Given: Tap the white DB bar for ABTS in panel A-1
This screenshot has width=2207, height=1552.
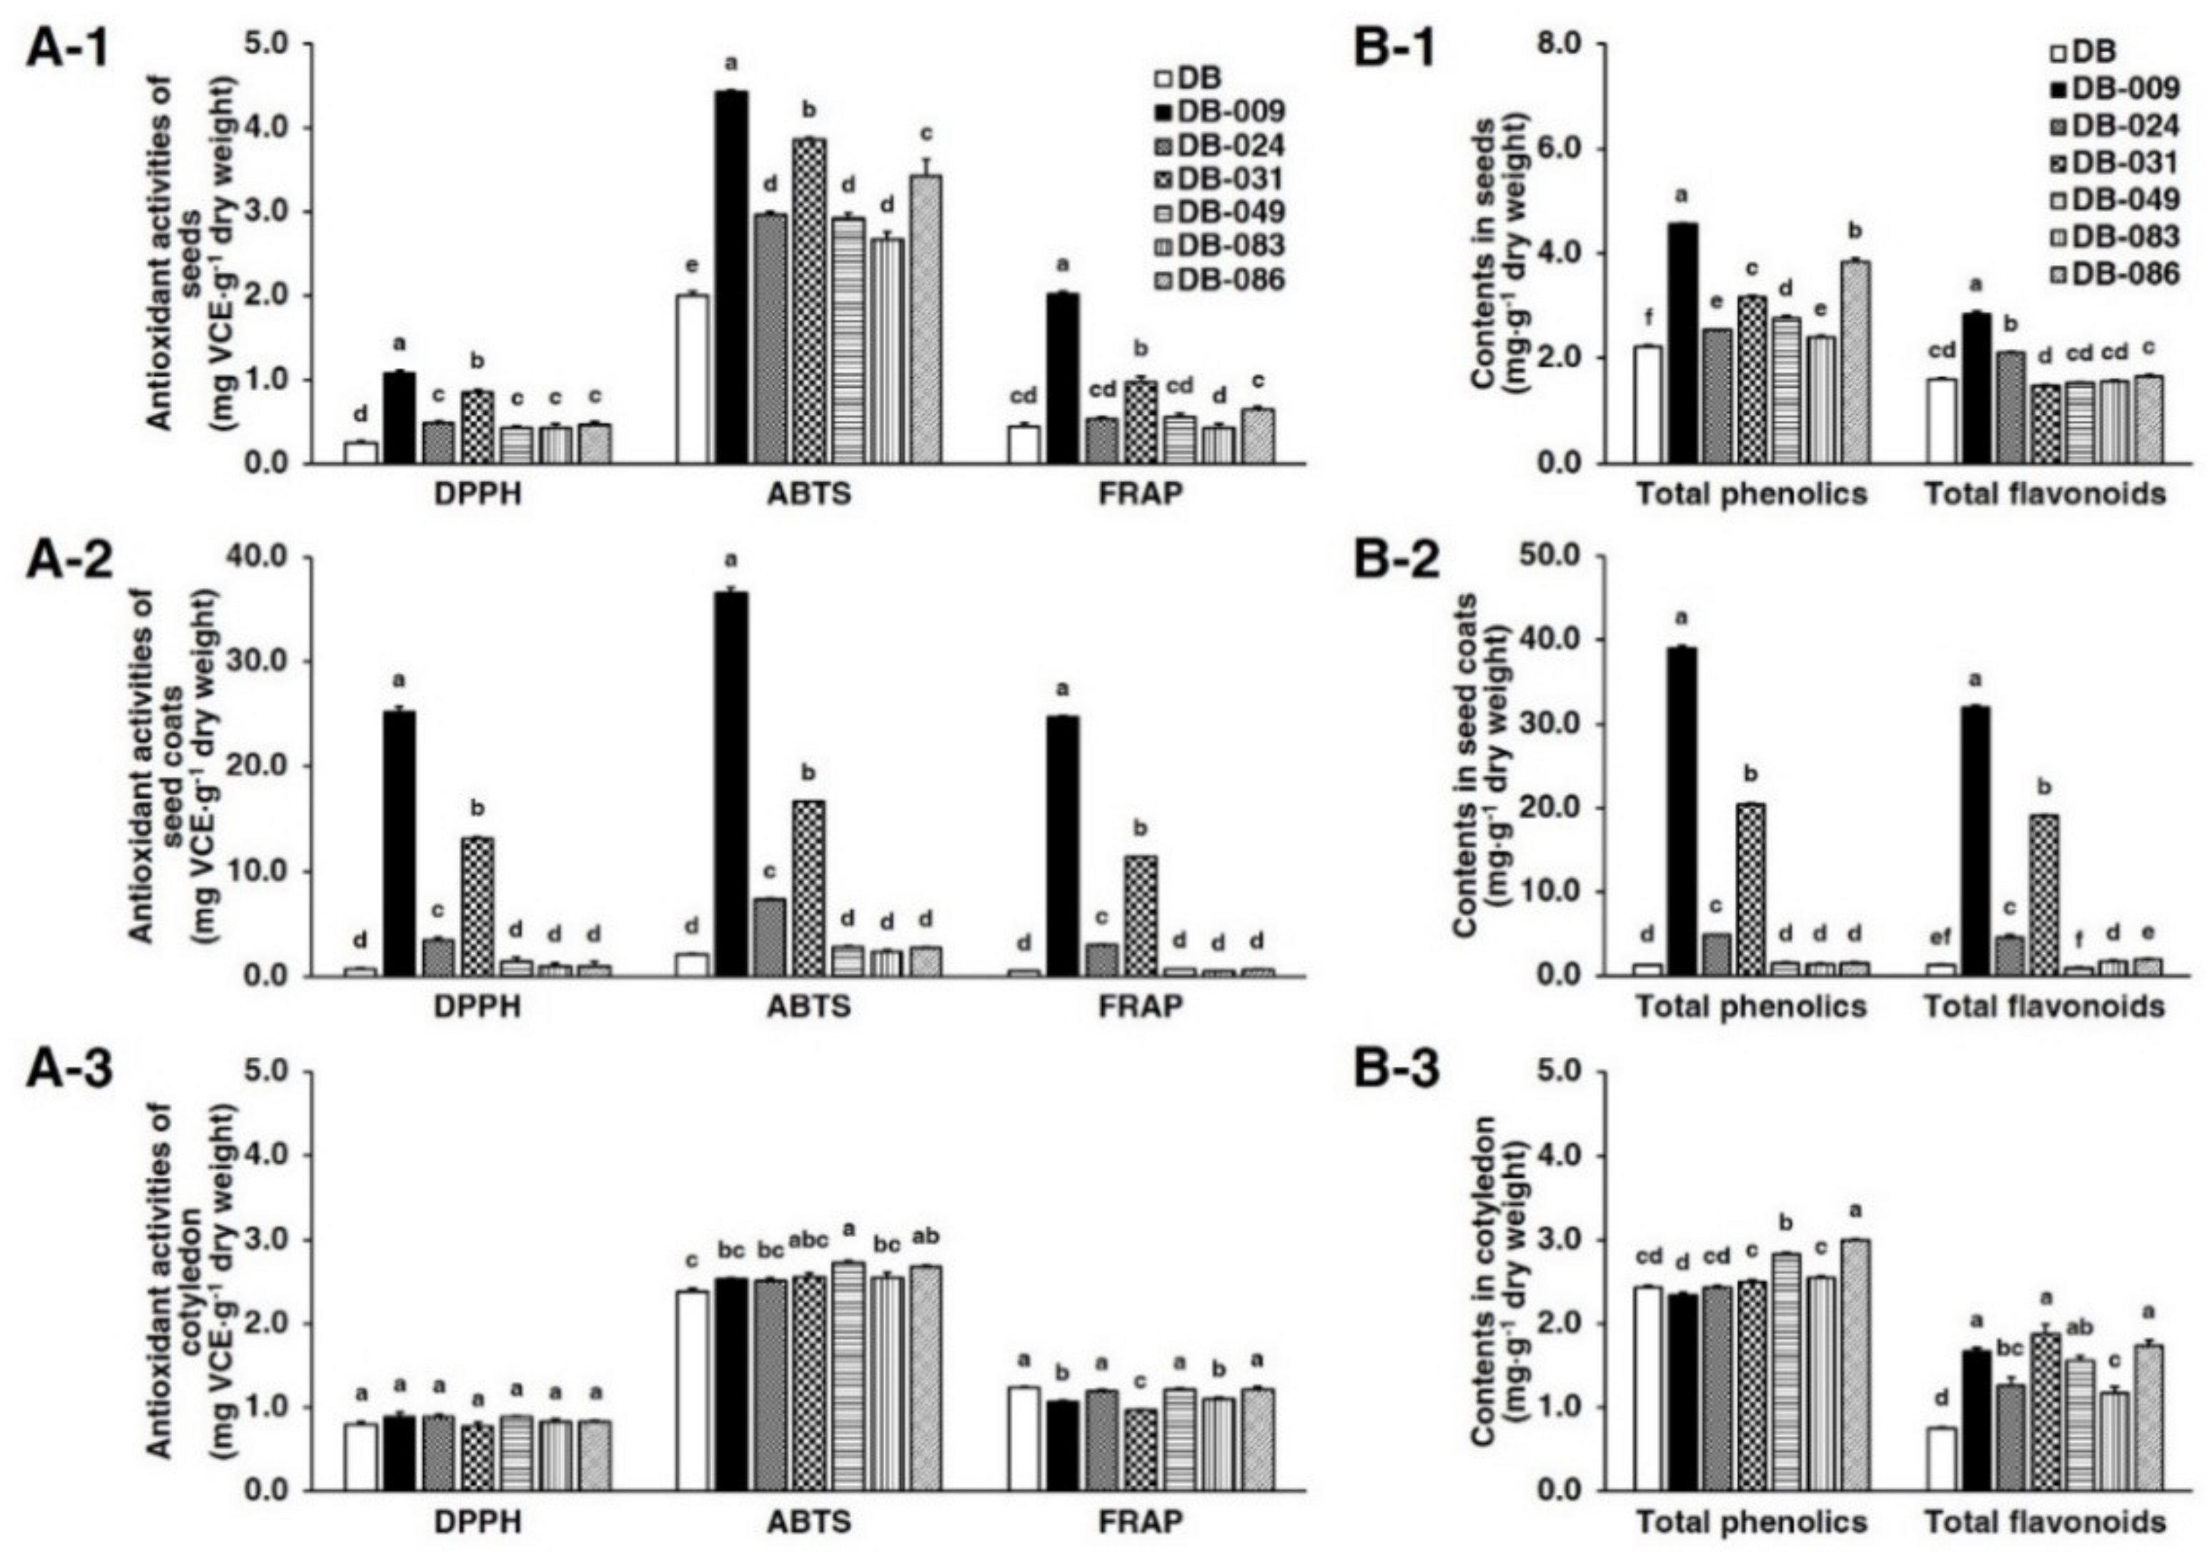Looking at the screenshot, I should (692, 379).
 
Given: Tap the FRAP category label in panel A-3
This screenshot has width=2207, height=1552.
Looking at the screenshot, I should (1141, 1521).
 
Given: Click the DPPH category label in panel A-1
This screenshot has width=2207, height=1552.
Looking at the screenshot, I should (477, 494).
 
